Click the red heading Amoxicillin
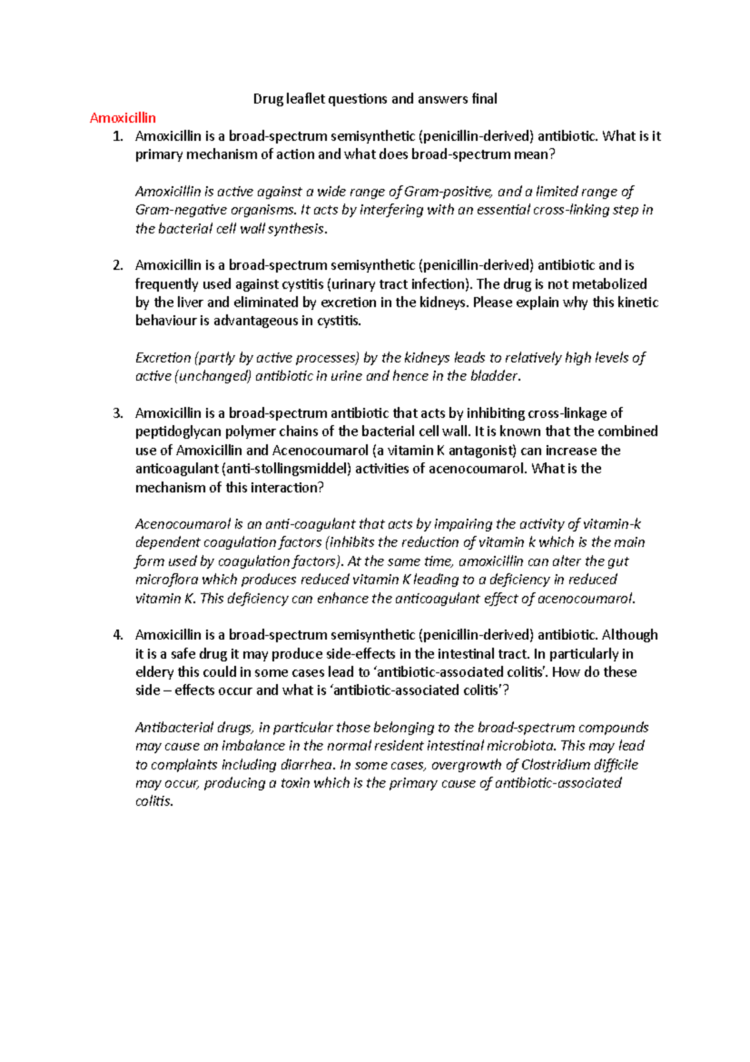[x=122, y=118]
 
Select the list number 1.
[x=118, y=136]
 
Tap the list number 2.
[x=118, y=265]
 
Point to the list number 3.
[x=118, y=413]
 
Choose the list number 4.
[x=118, y=635]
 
